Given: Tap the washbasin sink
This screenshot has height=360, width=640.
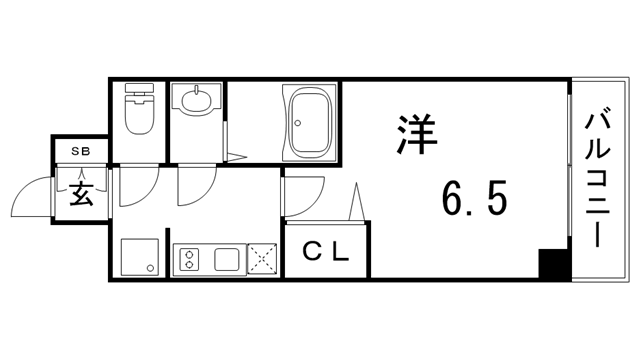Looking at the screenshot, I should click(x=196, y=101).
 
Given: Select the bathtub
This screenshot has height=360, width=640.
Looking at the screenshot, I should click(x=312, y=121).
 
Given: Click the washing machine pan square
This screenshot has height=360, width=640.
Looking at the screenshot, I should click(x=139, y=258).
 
